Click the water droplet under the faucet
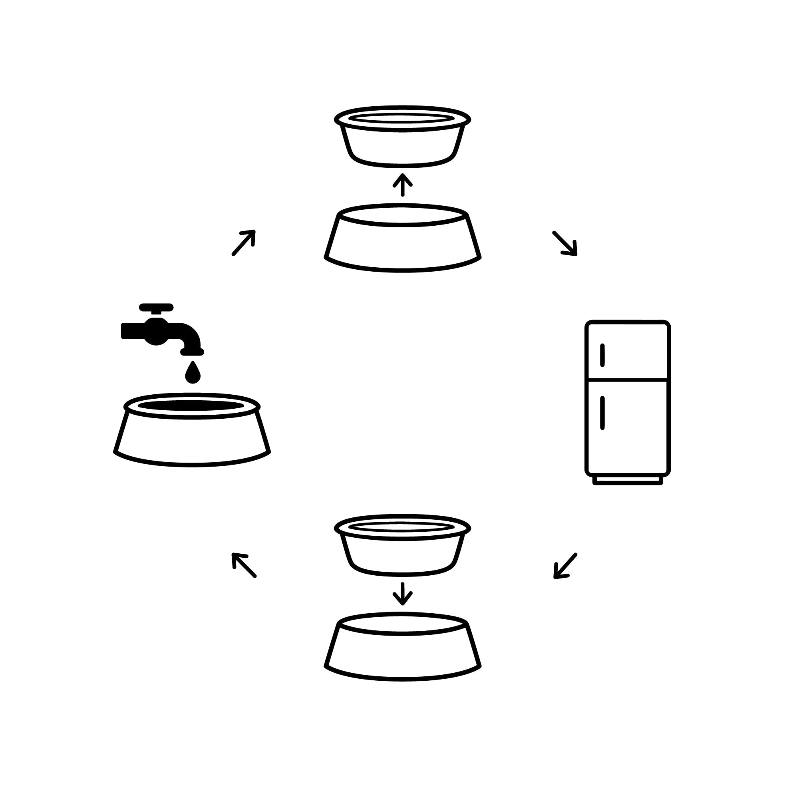point(192,373)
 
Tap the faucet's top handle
point(156,307)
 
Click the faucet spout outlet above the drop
point(192,352)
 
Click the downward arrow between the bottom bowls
point(402,594)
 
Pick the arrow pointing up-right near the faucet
point(244,242)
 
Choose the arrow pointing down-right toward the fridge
point(565,243)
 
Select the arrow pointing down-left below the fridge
point(565,566)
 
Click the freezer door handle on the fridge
point(602,355)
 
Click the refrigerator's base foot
point(627,480)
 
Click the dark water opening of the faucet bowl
point(191,406)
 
